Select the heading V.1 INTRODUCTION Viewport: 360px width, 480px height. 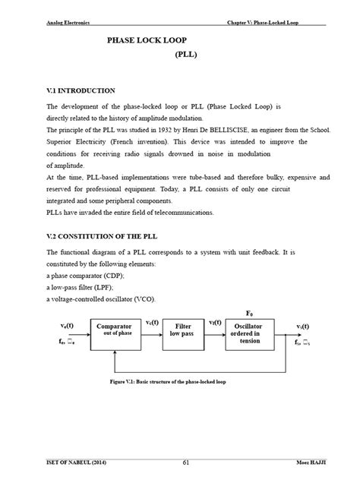click(81, 90)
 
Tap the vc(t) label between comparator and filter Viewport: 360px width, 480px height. click(152, 321)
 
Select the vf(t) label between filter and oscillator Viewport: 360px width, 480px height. click(214, 321)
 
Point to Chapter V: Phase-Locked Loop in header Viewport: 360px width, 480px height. click(264, 22)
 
